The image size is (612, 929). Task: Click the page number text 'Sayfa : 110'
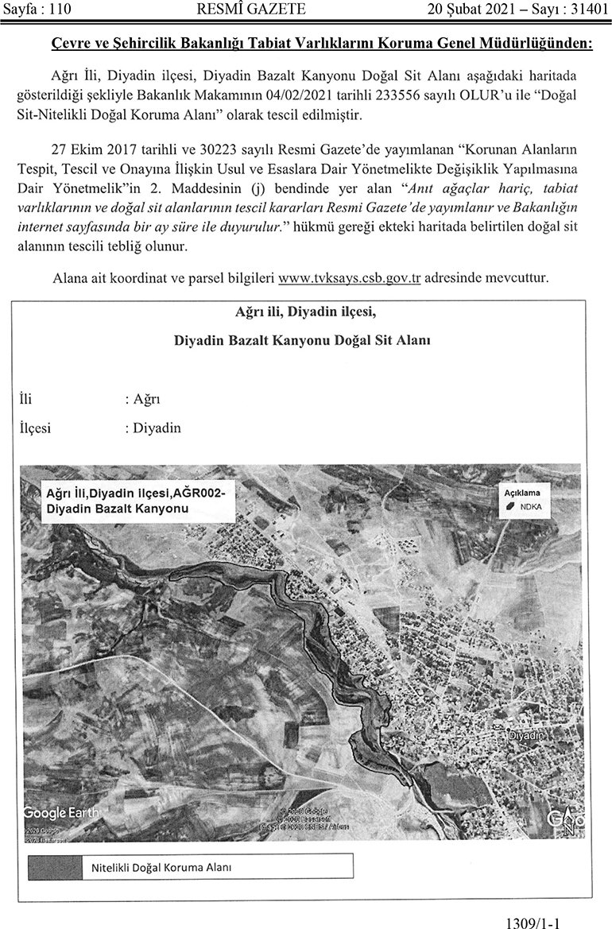point(39,10)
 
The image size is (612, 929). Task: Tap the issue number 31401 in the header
point(587,10)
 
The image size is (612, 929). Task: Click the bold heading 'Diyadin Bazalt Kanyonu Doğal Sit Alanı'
point(302,340)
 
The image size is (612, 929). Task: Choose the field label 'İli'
point(25,398)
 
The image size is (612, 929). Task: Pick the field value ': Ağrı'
point(143,398)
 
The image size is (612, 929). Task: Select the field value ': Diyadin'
point(153,428)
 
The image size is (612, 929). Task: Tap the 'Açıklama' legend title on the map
point(522,493)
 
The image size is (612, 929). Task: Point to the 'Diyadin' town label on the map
point(528,737)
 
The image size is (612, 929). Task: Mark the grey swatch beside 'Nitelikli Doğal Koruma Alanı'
point(53,867)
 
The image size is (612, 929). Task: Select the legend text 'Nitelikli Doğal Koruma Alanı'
point(157,867)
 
